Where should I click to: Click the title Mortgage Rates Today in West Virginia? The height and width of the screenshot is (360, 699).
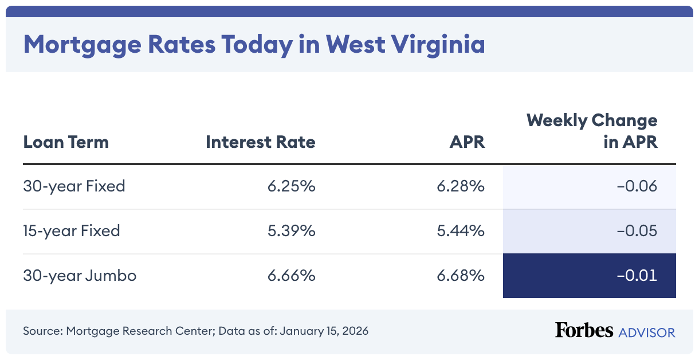pyautogui.click(x=254, y=45)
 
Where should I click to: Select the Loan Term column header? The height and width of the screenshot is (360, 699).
pyautogui.click(x=66, y=142)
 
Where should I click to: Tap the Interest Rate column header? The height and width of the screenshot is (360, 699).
pyautogui.click(x=260, y=142)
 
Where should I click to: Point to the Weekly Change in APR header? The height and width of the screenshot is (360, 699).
pyautogui.click(x=592, y=131)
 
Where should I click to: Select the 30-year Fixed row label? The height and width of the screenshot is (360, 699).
pyautogui.click(x=74, y=186)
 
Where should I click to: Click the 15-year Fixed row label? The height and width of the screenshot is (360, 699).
pyautogui.click(x=72, y=231)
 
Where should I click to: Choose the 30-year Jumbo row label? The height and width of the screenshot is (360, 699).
pyautogui.click(x=80, y=276)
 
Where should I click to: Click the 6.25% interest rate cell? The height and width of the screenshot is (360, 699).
pyautogui.click(x=291, y=186)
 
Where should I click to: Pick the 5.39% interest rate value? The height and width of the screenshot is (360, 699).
pyautogui.click(x=291, y=231)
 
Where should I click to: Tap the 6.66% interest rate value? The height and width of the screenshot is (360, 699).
pyautogui.click(x=291, y=276)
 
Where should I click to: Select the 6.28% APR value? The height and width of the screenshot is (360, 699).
pyautogui.click(x=461, y=186)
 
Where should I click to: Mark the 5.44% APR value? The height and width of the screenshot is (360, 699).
pyautogui.click(x=461, y=231)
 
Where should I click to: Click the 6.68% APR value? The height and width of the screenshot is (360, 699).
pyautogui.click(x=461, y=276)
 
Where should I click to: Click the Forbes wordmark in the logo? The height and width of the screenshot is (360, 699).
pyautogui.click(x=584, y=330)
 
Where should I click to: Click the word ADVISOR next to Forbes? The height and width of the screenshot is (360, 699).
pyautogui.click(x=647, y=332)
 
